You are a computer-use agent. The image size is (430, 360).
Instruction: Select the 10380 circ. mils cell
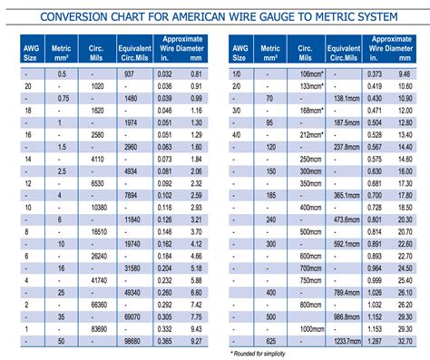coord(102,208)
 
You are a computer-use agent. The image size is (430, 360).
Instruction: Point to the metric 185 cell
coord(269,195)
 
